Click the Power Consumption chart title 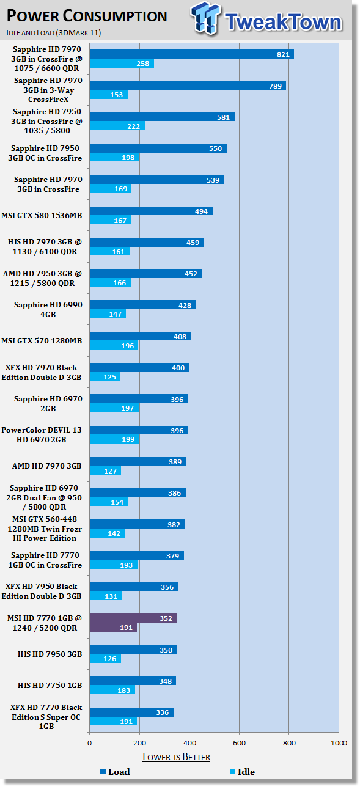(87, 16)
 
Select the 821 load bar (191, 54)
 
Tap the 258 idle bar (122, 64)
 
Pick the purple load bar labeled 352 (133, 618)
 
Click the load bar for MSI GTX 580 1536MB (151, 211)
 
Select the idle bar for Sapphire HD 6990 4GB (108, 313)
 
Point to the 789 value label (275, 86)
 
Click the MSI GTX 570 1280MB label (42, 340)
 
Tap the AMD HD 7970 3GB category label (47, 466)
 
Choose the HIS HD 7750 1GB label (50, 685)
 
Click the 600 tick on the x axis (239, 743)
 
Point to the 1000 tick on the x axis (339, 743)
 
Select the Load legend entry (115, 772)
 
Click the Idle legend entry (243, 772)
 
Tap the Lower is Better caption (176, 757)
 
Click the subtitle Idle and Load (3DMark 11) (53, 32)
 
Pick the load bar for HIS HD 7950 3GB (133, 650)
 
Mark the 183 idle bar (112, 690)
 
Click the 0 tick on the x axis (89, 743)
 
